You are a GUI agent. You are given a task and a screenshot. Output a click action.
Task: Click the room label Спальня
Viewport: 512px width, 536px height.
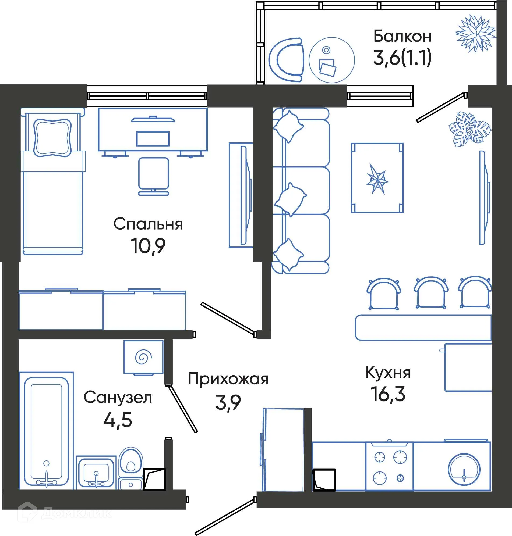point(148,224)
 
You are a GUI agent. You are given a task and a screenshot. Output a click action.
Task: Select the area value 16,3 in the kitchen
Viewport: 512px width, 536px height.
point(387,394)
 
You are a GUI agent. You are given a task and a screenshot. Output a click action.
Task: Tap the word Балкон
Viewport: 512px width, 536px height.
point(402,36)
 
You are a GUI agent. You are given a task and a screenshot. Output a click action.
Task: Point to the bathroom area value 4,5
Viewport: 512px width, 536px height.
point(118,420)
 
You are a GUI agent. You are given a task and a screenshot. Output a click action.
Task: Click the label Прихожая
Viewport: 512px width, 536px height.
point(228,379)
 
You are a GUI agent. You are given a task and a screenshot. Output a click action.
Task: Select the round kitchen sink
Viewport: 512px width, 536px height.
point(464,469)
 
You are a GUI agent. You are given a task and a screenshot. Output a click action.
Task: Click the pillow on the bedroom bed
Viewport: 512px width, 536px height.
point(52,137)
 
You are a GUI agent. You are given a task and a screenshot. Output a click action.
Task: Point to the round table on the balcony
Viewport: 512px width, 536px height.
point(331,60)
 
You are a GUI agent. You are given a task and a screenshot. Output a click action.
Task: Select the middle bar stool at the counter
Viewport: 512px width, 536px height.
point(431,293)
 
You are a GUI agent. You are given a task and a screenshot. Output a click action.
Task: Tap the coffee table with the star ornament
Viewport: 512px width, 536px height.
point(377,178)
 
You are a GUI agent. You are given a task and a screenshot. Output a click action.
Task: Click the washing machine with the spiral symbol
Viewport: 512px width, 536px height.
point(143,357)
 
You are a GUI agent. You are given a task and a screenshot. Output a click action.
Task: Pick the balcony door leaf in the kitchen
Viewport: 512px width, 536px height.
point(440,108)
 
